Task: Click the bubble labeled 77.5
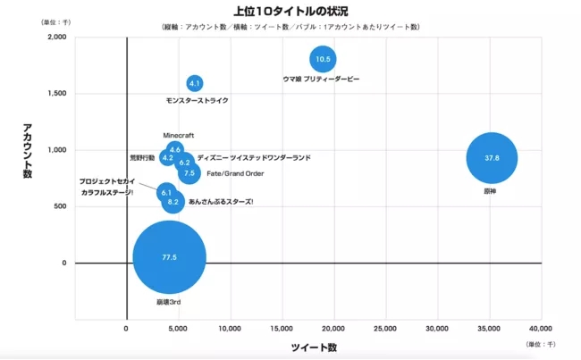pos(169,257)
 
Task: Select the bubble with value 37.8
pos(492,158)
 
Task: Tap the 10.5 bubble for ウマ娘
pos(323,60)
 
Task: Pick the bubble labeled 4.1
pos(195,83)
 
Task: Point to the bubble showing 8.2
pos(173,202)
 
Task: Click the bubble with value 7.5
pos(189,173)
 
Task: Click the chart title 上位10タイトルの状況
pos(290,12)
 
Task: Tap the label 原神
pos(490,190)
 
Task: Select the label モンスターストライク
pos(198,100)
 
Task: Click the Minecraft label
pos(179,135)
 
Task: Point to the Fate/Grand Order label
pos(235,173)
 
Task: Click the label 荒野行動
pos(142,157)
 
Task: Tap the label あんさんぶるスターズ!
pos(221,202)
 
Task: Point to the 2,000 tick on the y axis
pos(55,38)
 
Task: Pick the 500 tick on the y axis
pos(60,206)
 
